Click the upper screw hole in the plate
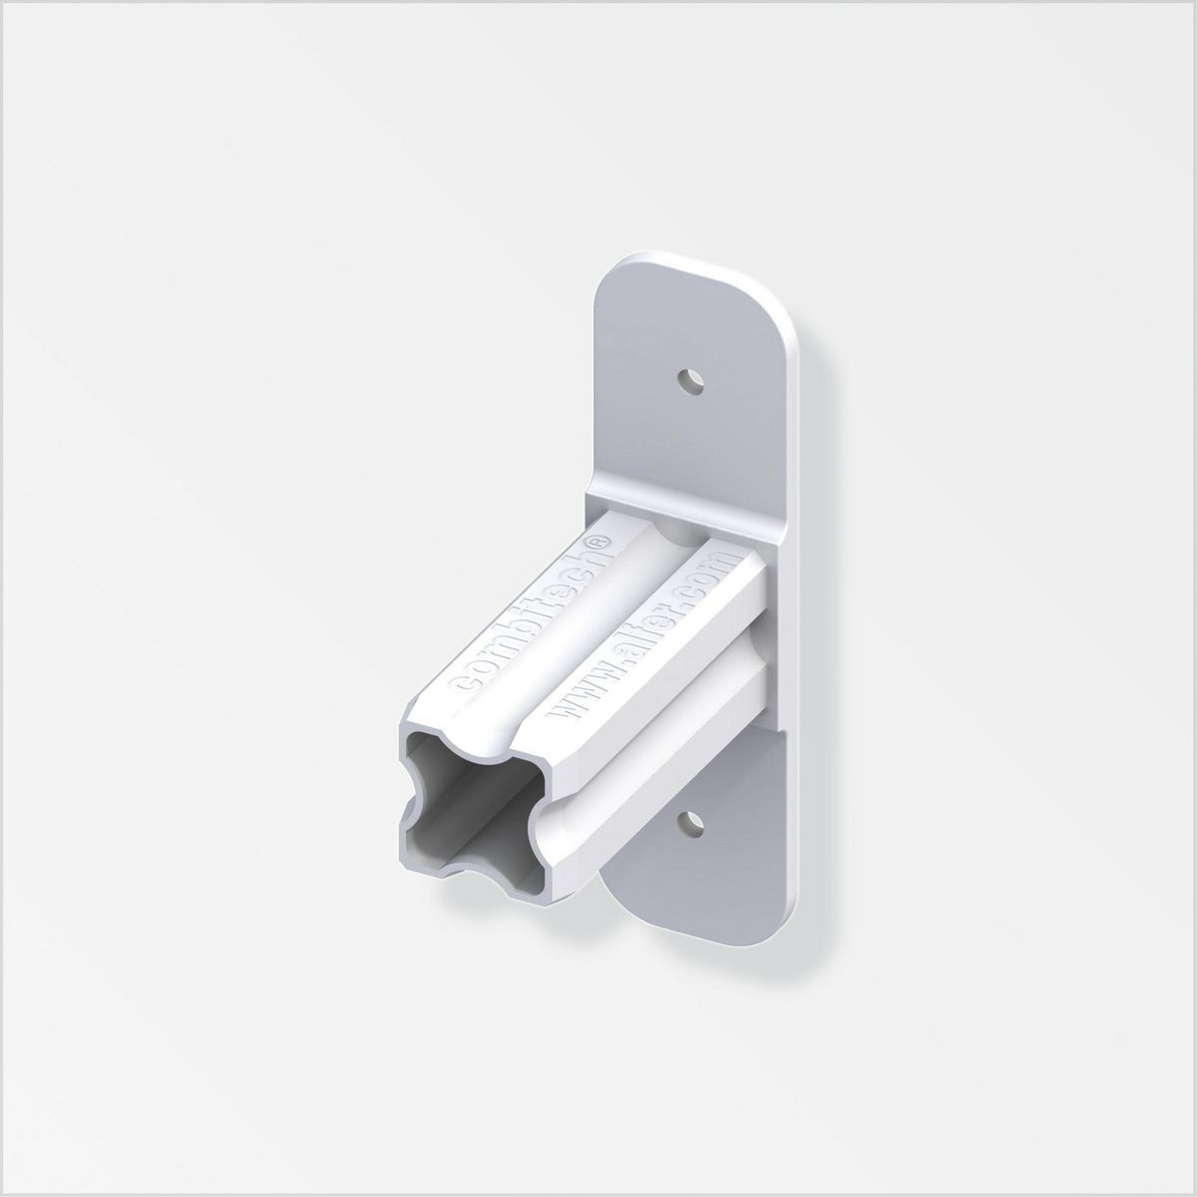coord(688,380)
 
